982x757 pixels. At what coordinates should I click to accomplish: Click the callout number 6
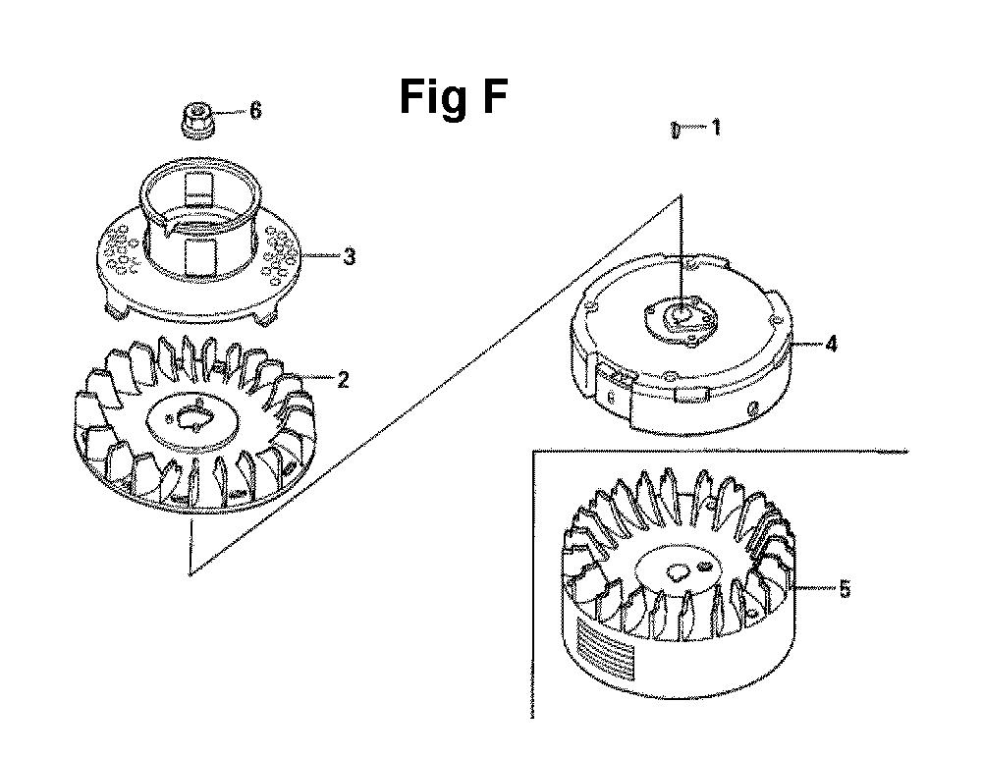coord(255,111)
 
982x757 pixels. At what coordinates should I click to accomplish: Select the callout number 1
coord(716,128)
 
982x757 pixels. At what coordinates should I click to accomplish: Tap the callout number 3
coord(349,256)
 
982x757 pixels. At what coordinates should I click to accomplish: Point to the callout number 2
coord(343,379)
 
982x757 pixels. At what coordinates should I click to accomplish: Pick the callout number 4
coord(831,344)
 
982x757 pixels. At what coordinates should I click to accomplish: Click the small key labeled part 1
coord(674,130)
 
